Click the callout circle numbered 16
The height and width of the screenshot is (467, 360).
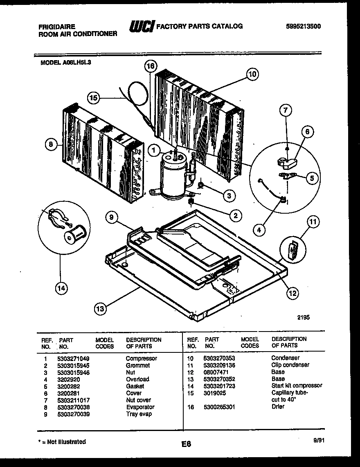(151, 66)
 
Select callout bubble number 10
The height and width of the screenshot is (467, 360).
(252, 74)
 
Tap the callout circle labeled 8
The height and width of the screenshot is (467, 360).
(51, 144)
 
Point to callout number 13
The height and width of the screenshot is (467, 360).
(100, 309)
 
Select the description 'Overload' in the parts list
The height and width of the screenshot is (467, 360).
(137, 379)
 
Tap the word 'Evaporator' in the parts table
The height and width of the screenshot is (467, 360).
(140, 407)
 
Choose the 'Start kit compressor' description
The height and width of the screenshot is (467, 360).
(297, 386)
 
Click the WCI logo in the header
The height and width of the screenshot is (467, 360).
(141, 27)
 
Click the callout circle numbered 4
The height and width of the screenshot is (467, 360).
(259, 230)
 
